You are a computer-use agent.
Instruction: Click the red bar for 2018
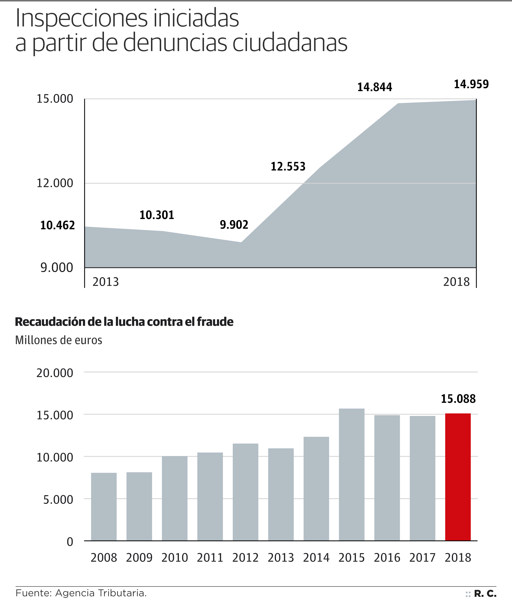[x=458, y=477]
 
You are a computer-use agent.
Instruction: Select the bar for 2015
[x=351, y=475]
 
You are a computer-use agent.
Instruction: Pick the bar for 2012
[x=245, y=492]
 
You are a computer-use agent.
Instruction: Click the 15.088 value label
[x=458, y=399]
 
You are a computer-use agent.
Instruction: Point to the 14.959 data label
[x=471, y=84]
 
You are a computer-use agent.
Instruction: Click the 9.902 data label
[x=234, y=225]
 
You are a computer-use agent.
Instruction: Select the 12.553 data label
[x=288, y=167]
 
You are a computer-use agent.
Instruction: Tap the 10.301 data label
[x=157, y=215]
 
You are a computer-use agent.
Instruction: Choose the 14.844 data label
[x=374, y=87]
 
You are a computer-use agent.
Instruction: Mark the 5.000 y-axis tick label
[x=58, y=500]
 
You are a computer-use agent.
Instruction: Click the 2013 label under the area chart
[x=106, y=282]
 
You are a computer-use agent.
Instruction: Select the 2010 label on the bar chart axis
[x=174, y=558]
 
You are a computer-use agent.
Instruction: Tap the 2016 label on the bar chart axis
[x=387, y=558]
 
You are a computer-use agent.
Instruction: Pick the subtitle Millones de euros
[x=59, y=340]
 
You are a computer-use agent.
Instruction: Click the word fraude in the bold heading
[x=215, y=322]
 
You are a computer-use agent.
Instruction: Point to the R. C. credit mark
[x=485, y=594]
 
